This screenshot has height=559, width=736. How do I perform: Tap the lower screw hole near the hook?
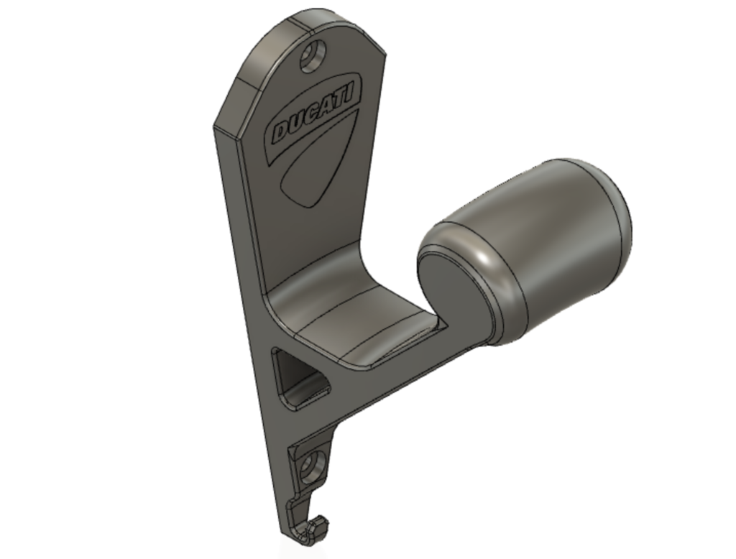pyautogui.click(x=312, y=468)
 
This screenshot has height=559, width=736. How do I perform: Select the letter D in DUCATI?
pyautogui.click(x=281, y=131)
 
